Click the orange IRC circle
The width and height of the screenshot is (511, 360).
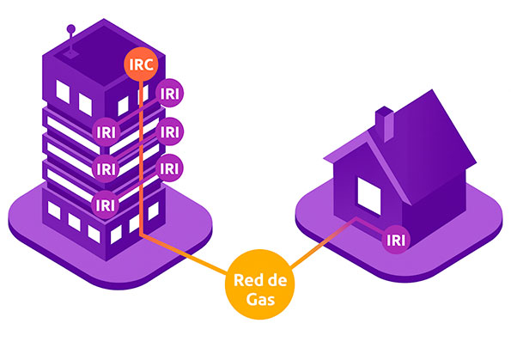click(141, 64)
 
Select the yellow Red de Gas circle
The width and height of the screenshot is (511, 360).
click(259, 284)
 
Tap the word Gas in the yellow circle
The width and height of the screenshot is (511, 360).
click(260, 299)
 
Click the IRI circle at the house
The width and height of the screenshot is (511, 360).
click(396, 240)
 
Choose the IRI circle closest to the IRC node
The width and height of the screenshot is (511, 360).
click(169, 94)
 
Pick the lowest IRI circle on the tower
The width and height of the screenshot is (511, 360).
click(106, 205)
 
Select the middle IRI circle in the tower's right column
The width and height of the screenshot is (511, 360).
click(169, 131)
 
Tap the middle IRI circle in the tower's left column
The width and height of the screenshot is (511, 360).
click(106, 168)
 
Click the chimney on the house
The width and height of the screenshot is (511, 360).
click(384, 124)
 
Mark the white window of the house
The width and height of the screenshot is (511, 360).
click(369, 196)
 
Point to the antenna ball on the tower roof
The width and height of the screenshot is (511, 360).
click(70, 29)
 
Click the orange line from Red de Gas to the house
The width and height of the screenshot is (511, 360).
click(323, 244)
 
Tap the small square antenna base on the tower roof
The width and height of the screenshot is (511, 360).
click(70, 53)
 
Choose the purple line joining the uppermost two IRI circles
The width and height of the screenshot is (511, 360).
click(138, 113)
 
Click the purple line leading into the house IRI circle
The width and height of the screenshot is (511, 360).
click(370, 226)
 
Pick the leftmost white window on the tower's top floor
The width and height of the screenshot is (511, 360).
click(63, 92)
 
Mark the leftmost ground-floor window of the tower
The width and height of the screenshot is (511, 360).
click(54, 211)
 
